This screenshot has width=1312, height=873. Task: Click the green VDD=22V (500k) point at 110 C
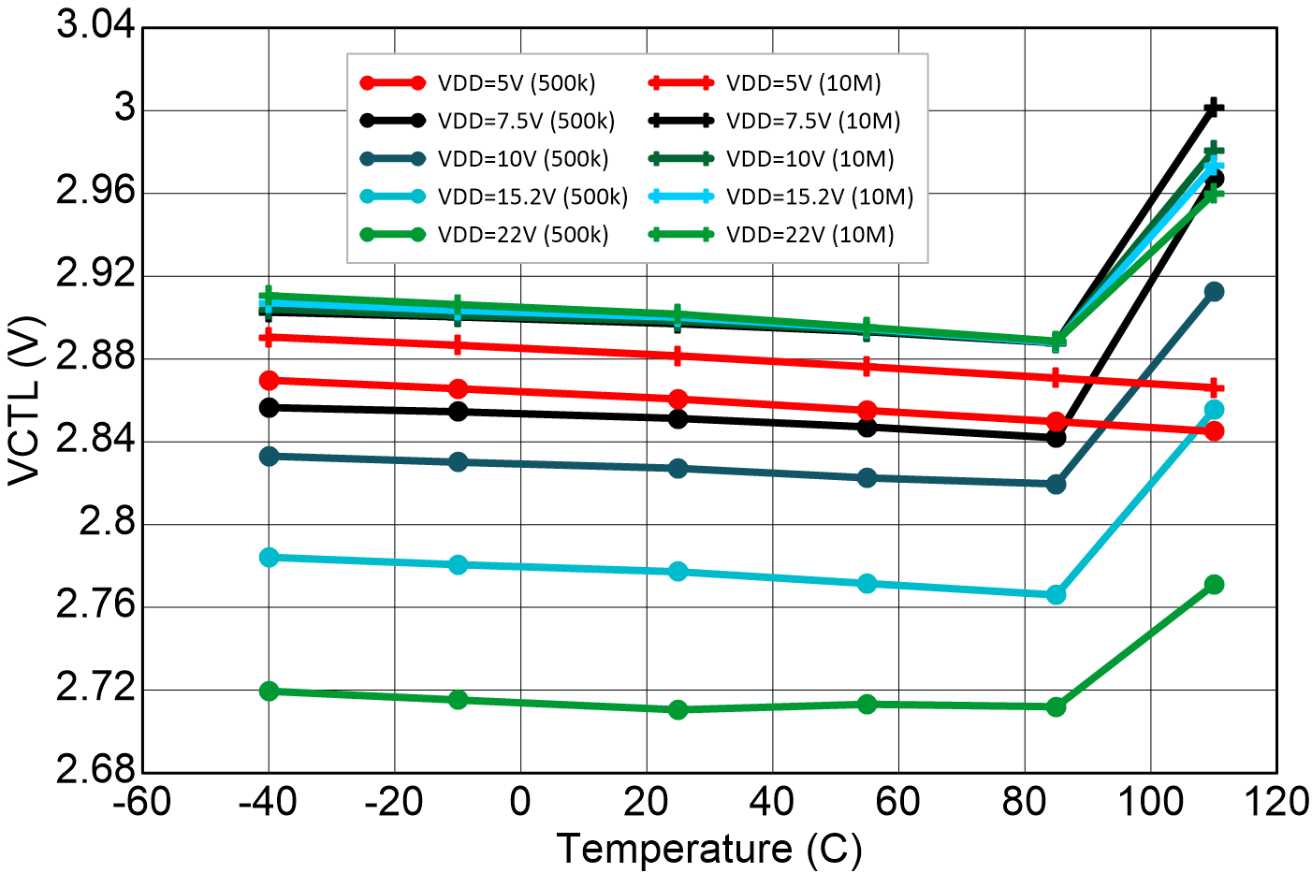pos(1215,585)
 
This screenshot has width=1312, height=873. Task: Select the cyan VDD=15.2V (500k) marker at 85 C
pos(1057,594)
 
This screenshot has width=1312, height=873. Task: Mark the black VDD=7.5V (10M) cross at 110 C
pos(1215,108)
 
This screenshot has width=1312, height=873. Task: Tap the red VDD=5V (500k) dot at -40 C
pos(270,380)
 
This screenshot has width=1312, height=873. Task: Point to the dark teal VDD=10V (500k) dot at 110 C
pos(1215,292)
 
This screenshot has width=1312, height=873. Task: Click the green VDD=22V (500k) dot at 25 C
pos(678,709)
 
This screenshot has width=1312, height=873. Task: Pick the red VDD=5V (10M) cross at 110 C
pos(1215,387)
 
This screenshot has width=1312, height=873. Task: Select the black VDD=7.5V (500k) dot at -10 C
pos(459,412)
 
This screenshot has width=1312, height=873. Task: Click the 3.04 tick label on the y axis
pos(95,24)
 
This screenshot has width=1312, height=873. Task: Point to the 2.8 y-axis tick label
pos(107,523)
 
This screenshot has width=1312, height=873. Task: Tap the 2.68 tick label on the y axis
pos(95,770)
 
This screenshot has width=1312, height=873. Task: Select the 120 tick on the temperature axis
pos(1276,802)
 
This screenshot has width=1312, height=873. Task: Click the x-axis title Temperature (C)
pos(709,849)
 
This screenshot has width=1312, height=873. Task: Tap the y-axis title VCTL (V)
pos(25,400)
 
